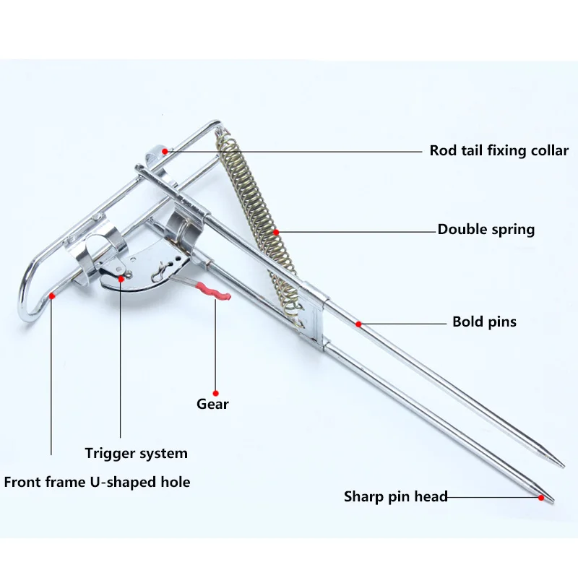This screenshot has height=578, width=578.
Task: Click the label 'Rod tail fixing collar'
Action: click(499, 151)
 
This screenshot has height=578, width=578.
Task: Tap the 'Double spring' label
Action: click(486, 230)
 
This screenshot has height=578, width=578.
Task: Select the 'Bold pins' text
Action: click(484, 322)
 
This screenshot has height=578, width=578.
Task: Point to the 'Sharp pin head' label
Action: click(395, 496)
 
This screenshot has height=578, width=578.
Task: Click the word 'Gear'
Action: click(212, 404)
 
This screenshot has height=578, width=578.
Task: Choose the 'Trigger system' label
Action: click(136, 454)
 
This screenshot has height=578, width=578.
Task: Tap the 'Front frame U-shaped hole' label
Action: click(97, 481)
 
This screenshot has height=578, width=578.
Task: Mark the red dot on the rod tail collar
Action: click(165, 151)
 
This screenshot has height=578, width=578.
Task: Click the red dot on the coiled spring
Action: click(276, 232)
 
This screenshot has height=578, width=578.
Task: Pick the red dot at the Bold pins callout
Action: click(358, 322)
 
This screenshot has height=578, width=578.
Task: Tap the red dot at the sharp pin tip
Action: click(541, 497)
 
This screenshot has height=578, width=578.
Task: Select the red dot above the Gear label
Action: click(215, 374)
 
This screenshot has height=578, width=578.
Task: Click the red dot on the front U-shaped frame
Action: click(51, 296)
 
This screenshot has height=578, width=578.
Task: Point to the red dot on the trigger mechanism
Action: click(120, 274)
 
